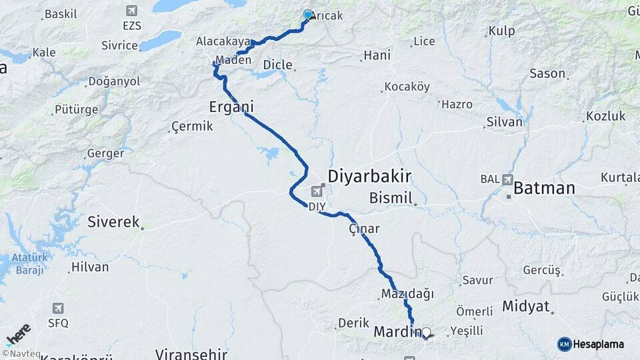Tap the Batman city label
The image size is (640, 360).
click(544, 188)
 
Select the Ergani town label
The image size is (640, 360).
click(231, 107)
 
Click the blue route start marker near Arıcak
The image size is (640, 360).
click(308, 14)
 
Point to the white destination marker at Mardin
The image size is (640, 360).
click(426, 332)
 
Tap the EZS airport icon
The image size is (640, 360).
click(131, 11)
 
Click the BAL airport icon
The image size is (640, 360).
click(509, 179)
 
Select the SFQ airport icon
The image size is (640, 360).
click(59, 308)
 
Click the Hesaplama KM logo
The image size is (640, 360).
click(591, 344)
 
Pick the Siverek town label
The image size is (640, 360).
click(113, 222)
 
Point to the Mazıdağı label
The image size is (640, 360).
click(407, 293)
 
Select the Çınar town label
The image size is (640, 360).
click(364, 229)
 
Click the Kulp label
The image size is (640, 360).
click(501, 31)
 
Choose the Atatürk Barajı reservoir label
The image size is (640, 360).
click(26, 263)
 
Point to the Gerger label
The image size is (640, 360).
click(105, 153)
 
